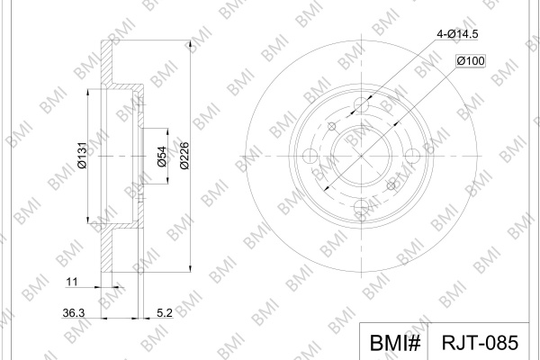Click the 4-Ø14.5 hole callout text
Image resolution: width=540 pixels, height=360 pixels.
click(457, 34)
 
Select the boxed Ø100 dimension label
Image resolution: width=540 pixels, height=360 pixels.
click(471, 61)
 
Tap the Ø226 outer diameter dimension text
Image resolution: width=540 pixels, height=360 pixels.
click(184, 156)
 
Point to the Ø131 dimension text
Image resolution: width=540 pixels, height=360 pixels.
click(82, 155)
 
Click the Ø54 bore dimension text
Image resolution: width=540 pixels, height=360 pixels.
click(162, 157)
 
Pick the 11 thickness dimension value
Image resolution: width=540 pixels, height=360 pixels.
click(72, 282)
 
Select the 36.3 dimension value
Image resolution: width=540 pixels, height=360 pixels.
click(74, 313)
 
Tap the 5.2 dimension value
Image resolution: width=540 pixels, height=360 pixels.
click(165, 313)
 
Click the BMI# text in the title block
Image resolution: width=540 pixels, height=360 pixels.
click(395, 343)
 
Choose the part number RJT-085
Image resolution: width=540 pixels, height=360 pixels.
click(480, 343)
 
